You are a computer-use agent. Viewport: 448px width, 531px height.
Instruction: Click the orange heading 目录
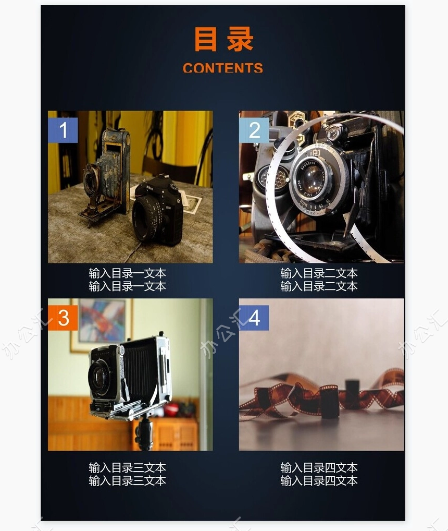[x=223, y=39]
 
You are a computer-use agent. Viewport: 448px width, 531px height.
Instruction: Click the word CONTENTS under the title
[x=223, y=68]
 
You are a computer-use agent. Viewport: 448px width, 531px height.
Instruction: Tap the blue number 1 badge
[x=63, y=130]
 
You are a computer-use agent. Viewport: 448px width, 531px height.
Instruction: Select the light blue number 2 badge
[x=254, y=130]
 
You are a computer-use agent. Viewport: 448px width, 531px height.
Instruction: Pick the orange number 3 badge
[x=63, y=318]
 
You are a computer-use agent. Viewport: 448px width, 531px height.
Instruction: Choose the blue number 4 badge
[x=254, y=318]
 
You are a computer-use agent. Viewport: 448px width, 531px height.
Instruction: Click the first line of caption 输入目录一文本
[x=128, y=273]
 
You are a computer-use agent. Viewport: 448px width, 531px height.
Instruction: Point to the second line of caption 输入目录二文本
[x=319, y=286]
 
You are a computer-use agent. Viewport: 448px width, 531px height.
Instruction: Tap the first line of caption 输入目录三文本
[x=128, y=468]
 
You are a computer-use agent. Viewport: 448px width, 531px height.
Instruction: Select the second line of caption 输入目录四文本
[x=319, y=480]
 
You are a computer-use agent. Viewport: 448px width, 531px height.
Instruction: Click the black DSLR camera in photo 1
[x=158, y=211]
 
